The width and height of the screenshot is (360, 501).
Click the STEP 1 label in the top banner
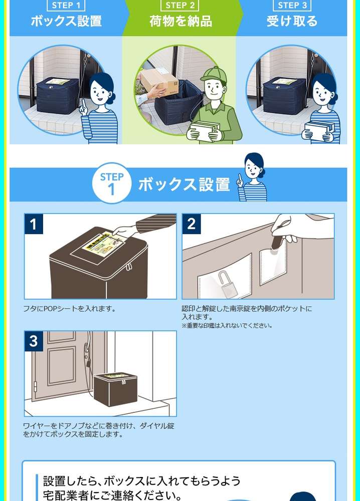click(67, 6)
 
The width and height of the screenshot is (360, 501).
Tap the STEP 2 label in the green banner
click(180, 6)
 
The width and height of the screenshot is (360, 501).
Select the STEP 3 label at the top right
click(292, 6)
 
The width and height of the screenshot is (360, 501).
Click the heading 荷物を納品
click(181, 22)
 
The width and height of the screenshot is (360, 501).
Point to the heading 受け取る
click(292, 22)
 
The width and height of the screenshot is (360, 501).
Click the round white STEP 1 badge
click(112, 183)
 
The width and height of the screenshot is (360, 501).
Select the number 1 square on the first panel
click(34, 224)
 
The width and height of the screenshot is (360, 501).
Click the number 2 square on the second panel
click(191, 224)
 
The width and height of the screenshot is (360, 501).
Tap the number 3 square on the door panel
click(34, 341)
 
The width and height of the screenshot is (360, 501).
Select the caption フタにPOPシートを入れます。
click(69, 309)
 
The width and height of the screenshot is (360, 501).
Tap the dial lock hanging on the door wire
click(88, 362)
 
